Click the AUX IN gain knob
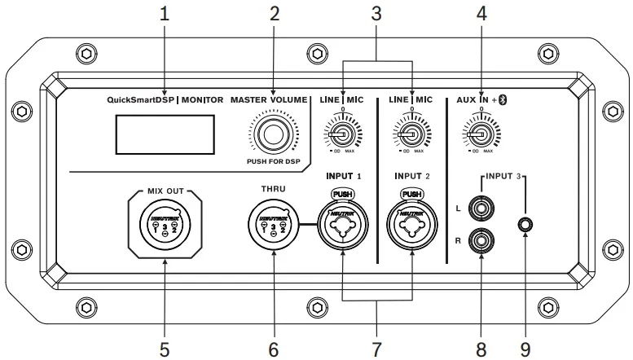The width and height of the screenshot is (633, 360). pyautogui.click(x=481, y=134)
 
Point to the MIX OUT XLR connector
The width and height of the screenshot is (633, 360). pyautogui.click(x=165, y=222)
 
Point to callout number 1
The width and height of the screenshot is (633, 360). pyautogui.click(x=165, y=14)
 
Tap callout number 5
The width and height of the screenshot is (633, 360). pyautogui.click(x=165, y=349)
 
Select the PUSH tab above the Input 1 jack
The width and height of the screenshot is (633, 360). pyautogui.click(x=343, y=194)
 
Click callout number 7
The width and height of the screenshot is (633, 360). pyautogui.click(x=376, y=349)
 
